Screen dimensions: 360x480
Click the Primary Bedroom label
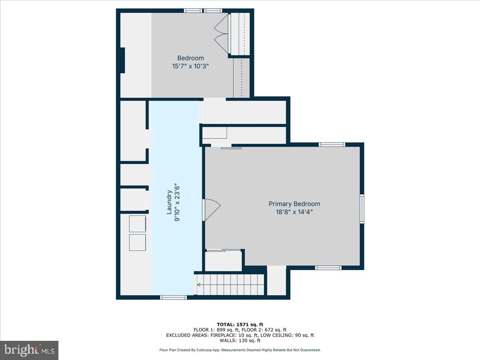click(294, 204)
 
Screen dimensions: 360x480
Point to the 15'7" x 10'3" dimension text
click(191, 66)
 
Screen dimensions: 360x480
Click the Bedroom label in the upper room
click(190, 58)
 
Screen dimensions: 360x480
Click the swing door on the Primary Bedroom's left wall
click(211, 210)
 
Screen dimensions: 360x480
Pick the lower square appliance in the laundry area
click(137, 242)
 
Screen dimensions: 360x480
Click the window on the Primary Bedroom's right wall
click(362, 208)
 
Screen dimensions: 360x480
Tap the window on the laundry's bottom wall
click(173, 297)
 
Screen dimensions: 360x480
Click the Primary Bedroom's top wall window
click(332, 144)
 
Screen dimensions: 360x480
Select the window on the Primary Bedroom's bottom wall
click(328, 268)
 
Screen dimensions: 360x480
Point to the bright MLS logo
click(29, 350)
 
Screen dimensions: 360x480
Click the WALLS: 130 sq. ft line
click(240, 340)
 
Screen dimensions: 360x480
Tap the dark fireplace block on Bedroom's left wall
click(122, 60)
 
